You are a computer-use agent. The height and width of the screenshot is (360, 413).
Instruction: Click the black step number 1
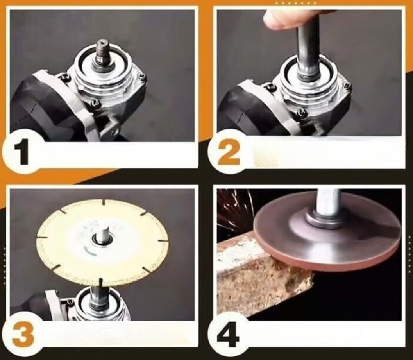[21, 153]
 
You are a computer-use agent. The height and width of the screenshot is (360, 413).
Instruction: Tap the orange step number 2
[229, 152]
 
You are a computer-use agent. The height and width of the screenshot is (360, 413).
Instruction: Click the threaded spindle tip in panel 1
[103, 50]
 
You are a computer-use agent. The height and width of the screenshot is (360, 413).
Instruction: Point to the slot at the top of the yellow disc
[104, 202]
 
